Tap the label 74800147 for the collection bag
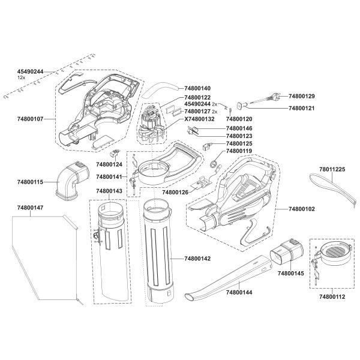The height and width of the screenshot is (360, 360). point(31,207)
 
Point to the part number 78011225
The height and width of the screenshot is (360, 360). point(332,170)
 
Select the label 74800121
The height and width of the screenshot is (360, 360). point(302,108)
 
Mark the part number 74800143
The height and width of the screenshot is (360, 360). point(109,191)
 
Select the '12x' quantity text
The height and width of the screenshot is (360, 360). point(21,78)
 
